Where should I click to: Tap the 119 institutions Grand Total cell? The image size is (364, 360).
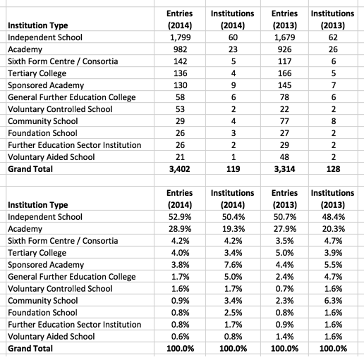[233, 170]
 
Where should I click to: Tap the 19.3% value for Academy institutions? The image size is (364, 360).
[233, 229]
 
